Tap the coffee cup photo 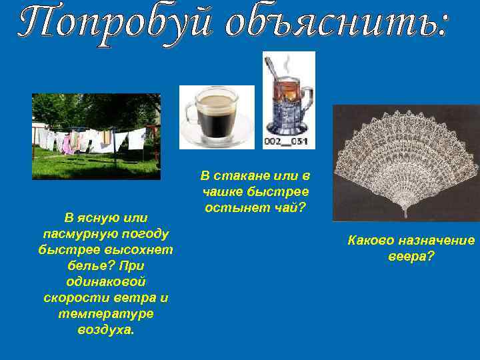217,117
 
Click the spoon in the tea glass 274,69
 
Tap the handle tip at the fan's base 406,215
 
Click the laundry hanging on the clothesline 93,141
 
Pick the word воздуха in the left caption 105,329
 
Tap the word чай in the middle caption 291,207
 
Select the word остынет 239,207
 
